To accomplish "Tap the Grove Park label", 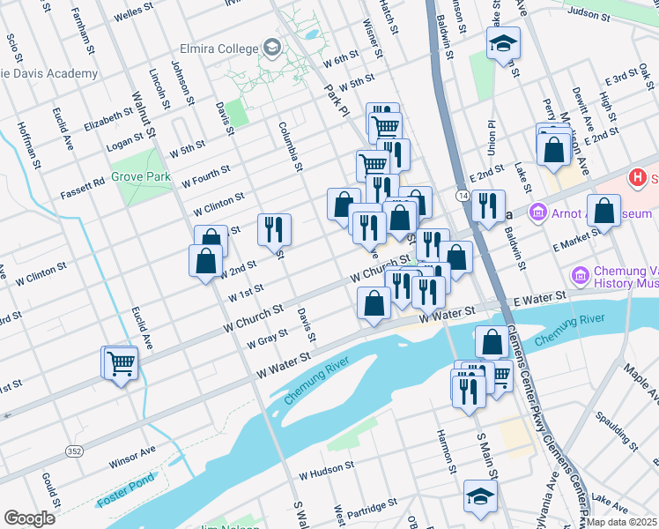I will click(141, 176).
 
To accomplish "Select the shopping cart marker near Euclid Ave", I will click(121, 362).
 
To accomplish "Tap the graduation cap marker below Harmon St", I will click(480, 496).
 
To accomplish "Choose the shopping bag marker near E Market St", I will click(603, 211).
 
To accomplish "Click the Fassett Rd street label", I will click(83, 188).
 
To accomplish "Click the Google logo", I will click(29, 518).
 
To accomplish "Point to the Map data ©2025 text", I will click(621, 522).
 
